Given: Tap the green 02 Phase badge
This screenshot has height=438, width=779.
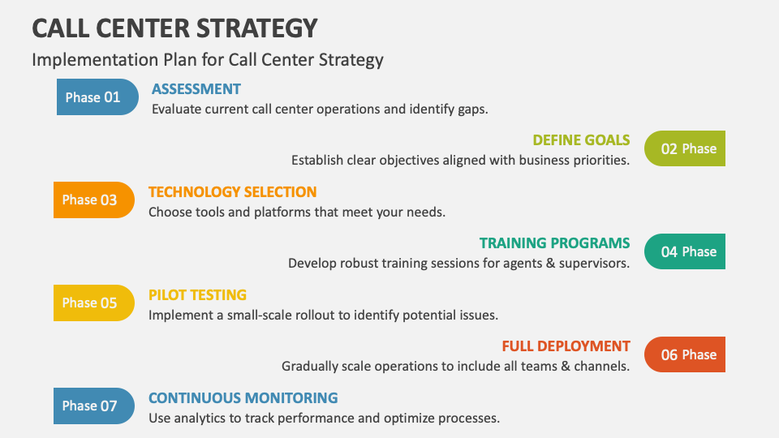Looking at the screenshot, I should [x=684, y=148].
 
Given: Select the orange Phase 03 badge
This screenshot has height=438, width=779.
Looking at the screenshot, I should [x=94, y=200].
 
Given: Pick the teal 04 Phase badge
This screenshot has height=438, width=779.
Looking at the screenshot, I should [x=684, y=251].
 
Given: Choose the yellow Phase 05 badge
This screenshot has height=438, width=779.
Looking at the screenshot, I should [x=94, y=303].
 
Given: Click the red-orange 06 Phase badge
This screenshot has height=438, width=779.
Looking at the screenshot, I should [x=684, y=354].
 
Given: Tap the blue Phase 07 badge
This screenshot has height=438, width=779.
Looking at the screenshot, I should [x=94, y=406].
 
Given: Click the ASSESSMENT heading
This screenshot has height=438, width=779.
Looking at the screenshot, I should [x=196, y=89].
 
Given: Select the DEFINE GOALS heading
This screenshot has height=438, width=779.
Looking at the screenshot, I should [x=581, y=140].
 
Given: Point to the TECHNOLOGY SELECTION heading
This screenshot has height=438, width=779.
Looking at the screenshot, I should [x=232, y=192].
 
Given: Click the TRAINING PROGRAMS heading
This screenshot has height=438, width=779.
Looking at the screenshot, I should [x=554, y=243].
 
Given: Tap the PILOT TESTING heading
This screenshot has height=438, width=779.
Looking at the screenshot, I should [x=197, y=295].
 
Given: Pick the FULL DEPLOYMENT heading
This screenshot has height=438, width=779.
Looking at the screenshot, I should [x=566, y=346].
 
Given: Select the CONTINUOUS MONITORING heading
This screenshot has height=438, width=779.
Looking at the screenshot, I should [x=243, y=398].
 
